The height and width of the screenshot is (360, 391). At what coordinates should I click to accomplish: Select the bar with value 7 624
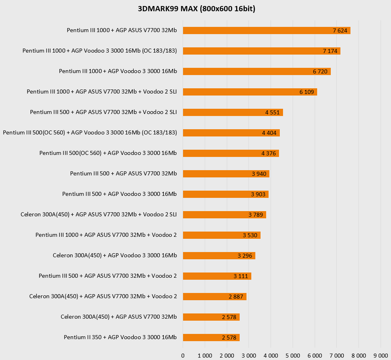coord(266,31)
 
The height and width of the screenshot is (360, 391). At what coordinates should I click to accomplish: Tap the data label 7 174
coord(330,51)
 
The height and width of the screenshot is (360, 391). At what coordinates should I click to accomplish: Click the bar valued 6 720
coord(257,71)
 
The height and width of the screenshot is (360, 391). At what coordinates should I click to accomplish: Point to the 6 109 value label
coord(306,92)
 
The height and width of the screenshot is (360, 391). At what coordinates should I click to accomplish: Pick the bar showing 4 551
coord(233,112)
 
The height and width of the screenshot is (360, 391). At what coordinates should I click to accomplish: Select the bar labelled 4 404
coord(231,133)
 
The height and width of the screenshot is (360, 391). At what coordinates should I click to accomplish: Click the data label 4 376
coord(269,153)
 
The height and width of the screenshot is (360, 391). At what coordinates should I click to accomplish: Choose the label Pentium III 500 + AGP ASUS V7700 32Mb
coord(123,173)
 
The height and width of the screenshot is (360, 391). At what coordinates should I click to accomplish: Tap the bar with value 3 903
coord(226,194)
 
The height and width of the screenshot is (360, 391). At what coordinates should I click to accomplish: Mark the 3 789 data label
coord(256,215)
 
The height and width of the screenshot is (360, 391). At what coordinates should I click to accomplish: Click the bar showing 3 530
coord(222,235)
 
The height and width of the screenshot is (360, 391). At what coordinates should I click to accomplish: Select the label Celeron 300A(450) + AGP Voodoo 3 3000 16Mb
coord(115,255)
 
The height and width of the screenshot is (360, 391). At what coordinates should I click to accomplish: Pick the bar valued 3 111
coord(217,276)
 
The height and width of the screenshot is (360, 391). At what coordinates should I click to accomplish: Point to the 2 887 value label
coord(236,297)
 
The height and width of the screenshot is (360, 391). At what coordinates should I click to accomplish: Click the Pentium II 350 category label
coord(120,337)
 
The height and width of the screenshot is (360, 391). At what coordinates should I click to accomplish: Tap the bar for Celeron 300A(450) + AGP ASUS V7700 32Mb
coord(211,317)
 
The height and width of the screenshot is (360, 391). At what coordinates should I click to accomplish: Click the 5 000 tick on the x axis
coord(293,356)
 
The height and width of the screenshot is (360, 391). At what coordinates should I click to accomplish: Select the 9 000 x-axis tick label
coord(381,356)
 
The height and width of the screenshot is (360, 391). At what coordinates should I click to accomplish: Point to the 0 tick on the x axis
coord(183,356)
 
